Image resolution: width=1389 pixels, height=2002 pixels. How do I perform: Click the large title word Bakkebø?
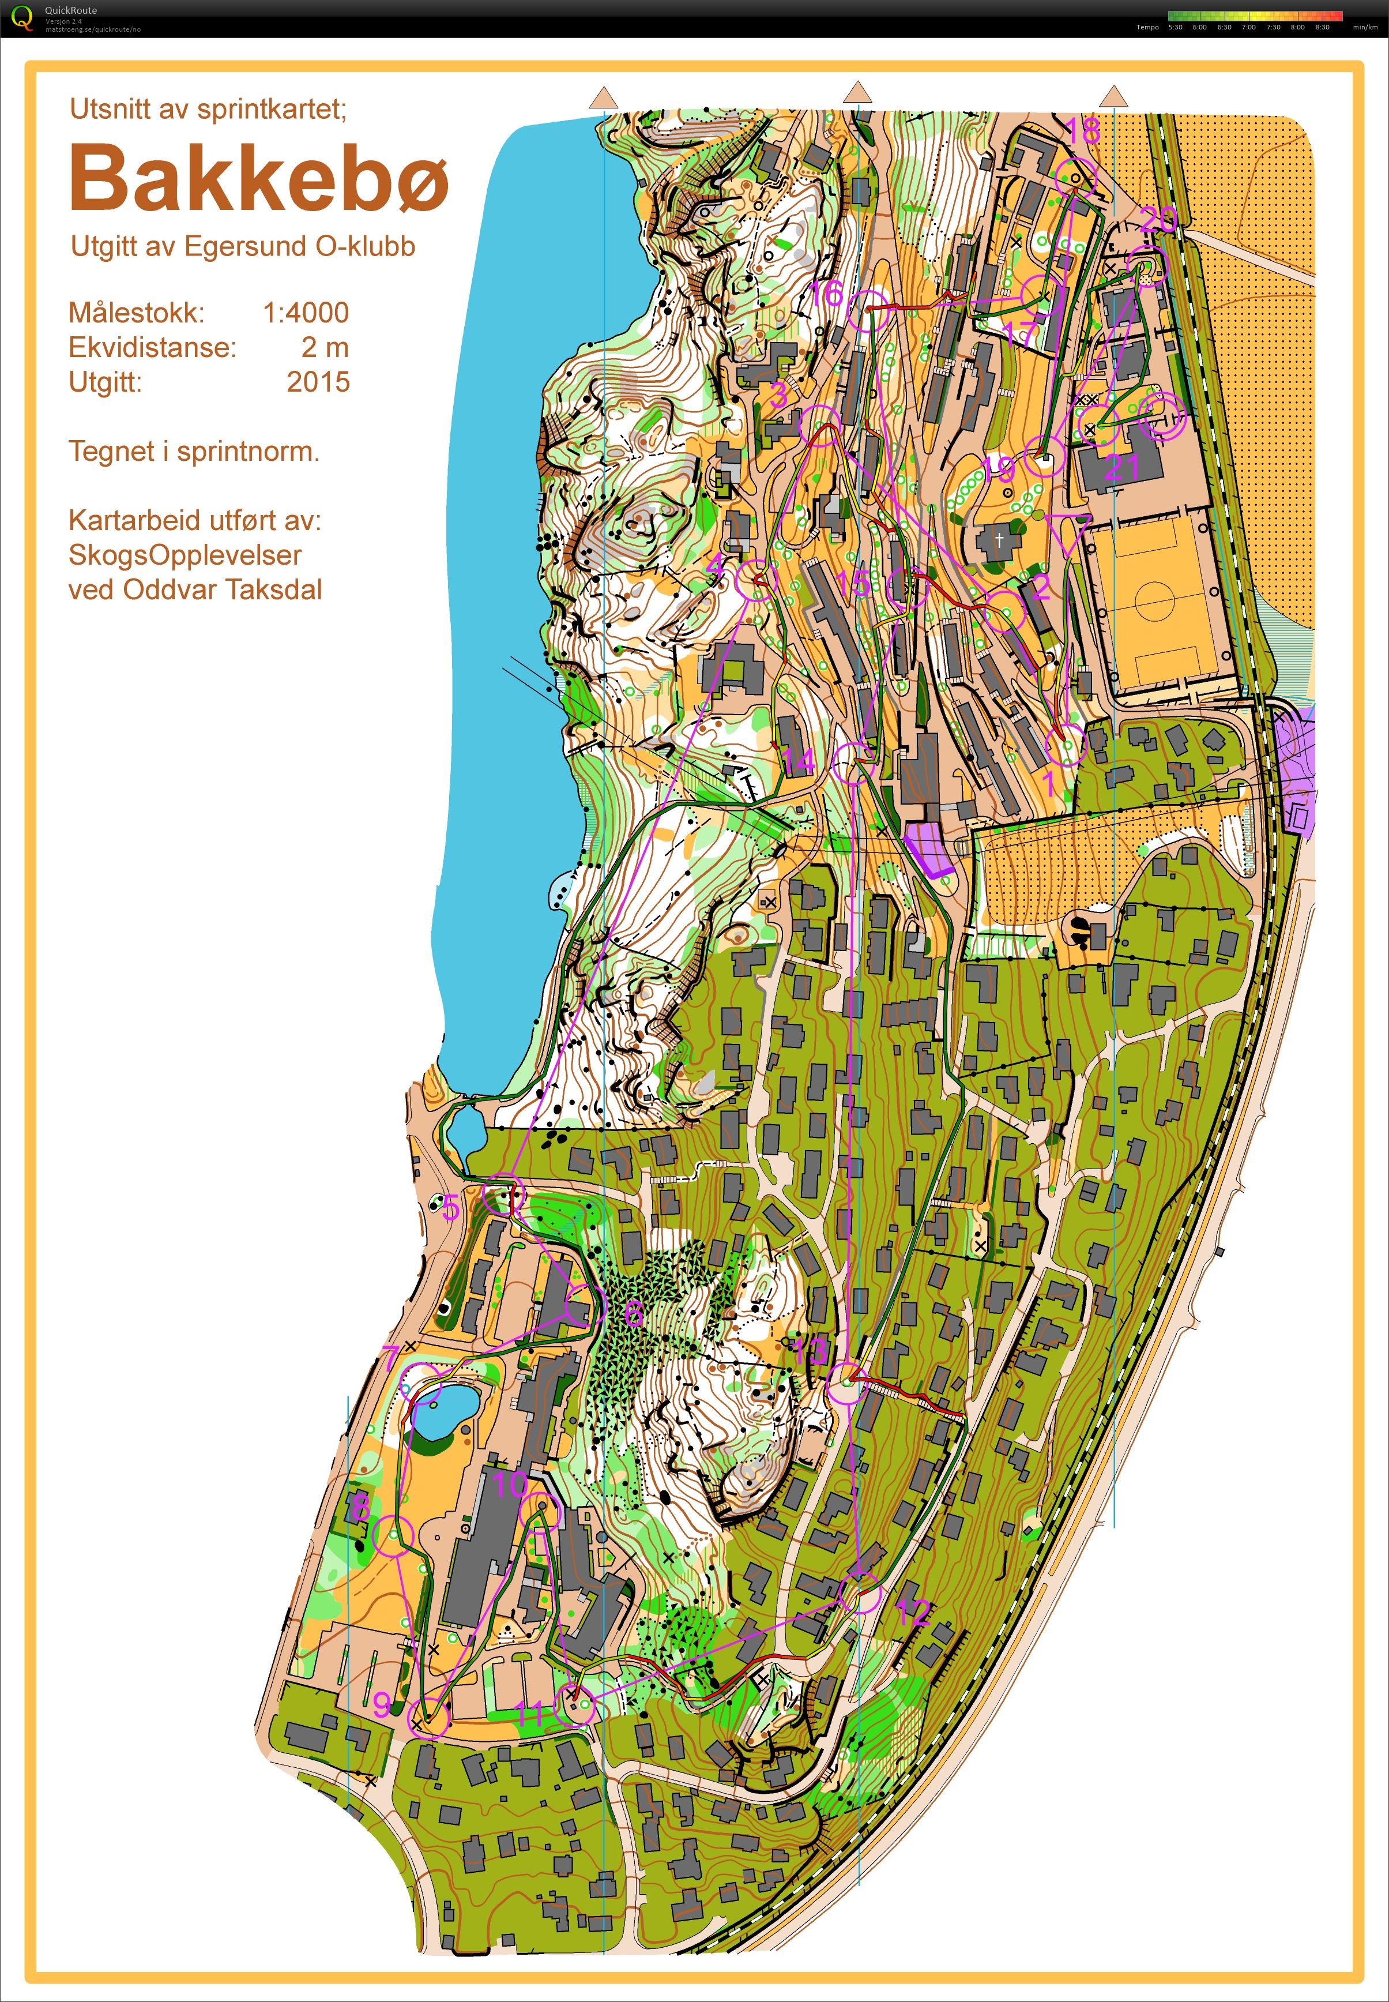coord(258,176)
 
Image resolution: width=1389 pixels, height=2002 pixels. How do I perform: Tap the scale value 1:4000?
coord(306,313)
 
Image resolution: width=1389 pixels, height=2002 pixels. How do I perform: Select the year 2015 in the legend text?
coord(318,381)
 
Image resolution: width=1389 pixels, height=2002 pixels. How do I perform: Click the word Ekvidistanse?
coord(152,347)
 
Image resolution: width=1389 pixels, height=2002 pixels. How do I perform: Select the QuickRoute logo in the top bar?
coord(21,17)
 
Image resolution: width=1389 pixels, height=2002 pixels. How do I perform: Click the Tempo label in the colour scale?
coord(1146,27)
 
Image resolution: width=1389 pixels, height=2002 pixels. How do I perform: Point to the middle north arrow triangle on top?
coord(858,93)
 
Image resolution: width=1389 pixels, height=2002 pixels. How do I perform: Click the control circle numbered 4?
coord(755,579)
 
